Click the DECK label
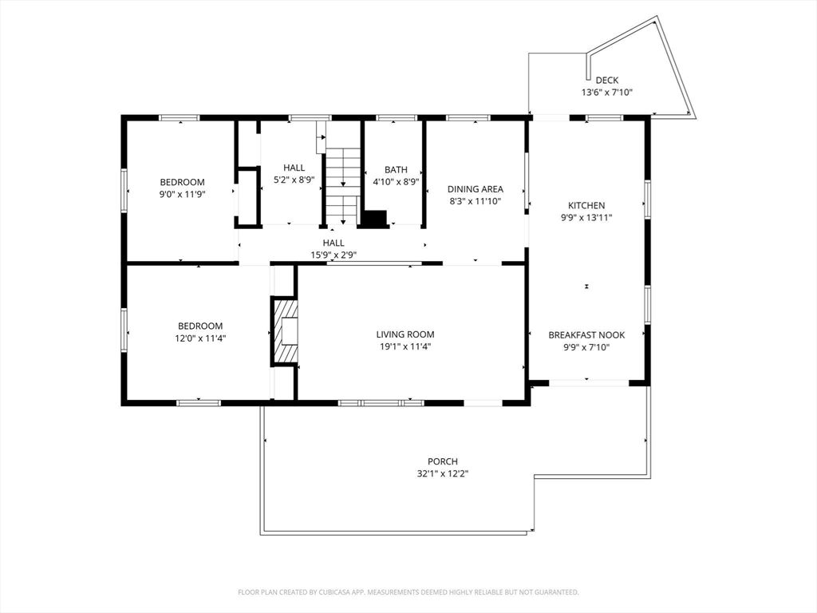tap(606, 80)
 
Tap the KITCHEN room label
tap(586, 205)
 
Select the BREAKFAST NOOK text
tap(586, 335)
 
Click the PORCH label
tap(442, 461)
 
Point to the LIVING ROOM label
tap(405, 334)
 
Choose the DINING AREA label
tap(475, 189)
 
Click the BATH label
tap(396, 169)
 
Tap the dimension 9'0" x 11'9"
tap(182, 194)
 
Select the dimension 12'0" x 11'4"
tap(200, 338)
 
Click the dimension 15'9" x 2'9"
tap(334, 255)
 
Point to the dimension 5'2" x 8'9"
tap(294, 180)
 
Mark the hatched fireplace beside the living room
tap(285, 330)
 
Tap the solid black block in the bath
tap(373, 218)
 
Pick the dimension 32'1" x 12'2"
tap(442, 474)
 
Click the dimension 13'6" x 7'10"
tap(606, 93)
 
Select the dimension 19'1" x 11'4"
tap(405, 347)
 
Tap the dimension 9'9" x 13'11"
tap(586, 217)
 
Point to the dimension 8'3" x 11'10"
tap(475, 202)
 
